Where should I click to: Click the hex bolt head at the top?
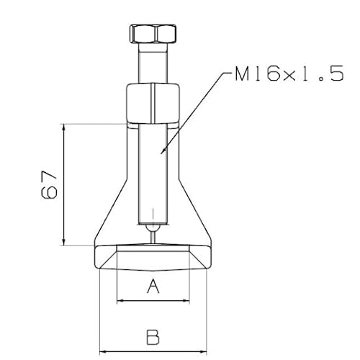coord(152,33)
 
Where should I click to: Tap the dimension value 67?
coord(48,185)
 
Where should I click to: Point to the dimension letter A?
coord(152,287)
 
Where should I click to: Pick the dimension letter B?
coord(152,336)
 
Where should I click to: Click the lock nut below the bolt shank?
coord(152,104)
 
